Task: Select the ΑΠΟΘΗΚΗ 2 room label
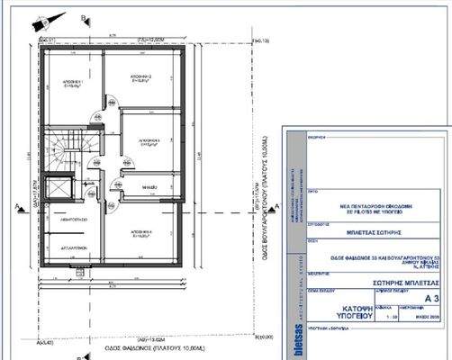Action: pyautogui.click(x=139, y=78)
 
